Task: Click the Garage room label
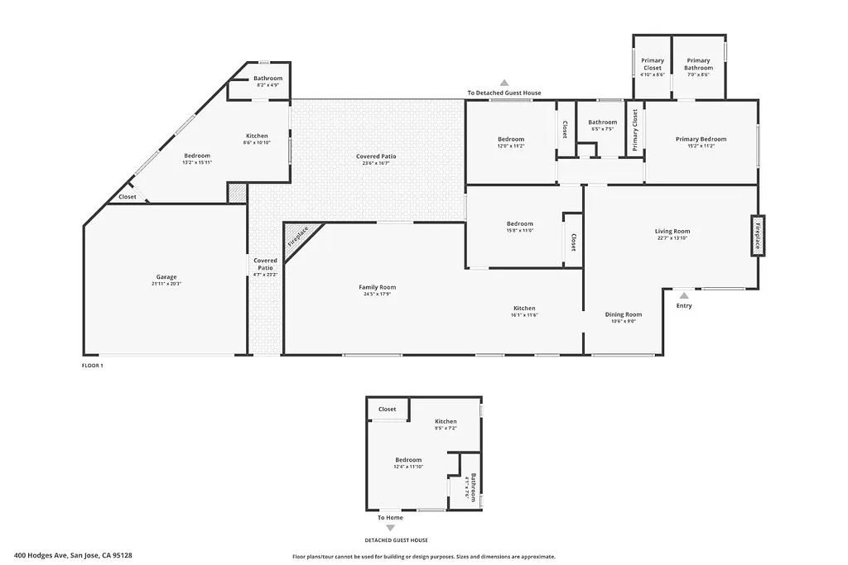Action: [x=166, y=277]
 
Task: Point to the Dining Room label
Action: [x=623, y=314]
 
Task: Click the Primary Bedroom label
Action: [x=701, y=139]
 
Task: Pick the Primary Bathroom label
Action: [x=698, y=60]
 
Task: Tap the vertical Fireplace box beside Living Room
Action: [x=757, y=236]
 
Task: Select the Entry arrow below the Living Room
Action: [x=683, y=294]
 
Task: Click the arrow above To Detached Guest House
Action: [x=503, y=83]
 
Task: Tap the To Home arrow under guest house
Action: [x=391, y=527]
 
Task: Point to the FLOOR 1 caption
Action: [x=92, y=365]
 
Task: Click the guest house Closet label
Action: [x=387, y=409]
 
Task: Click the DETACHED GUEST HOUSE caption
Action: [x=391, y=539]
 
